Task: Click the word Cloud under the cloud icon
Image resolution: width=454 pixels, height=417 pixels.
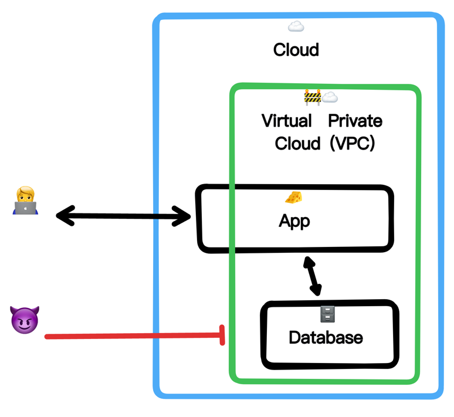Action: click(x=296, y=50)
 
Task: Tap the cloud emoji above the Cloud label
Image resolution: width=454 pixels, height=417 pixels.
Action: click(x=296, y=26)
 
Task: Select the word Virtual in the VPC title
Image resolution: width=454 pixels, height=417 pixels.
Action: click(x=287, y=121)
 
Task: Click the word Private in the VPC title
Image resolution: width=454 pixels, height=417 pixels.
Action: click(x=355, y=121)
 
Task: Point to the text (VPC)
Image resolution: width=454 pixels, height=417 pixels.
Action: click(x=352, y=144)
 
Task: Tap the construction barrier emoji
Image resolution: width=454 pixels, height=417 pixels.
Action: click(x=313, y=97)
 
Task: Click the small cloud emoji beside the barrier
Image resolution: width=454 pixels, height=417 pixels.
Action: click(x=330, y=97)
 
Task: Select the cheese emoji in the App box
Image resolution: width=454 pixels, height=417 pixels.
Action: click(x=293, y=198)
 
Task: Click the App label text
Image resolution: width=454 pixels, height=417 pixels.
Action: click(x=294, y=222)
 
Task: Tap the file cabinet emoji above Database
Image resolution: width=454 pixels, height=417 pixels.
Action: click(x=327, y=315)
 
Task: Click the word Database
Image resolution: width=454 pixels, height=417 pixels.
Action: click(x=326, y=338)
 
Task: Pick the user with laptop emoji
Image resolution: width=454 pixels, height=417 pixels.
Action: click(x=26, y=201)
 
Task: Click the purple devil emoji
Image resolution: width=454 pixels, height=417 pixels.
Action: click(x=25, y=320)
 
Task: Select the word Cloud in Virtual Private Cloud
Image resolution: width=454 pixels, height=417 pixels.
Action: click(x=297, y=144)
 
